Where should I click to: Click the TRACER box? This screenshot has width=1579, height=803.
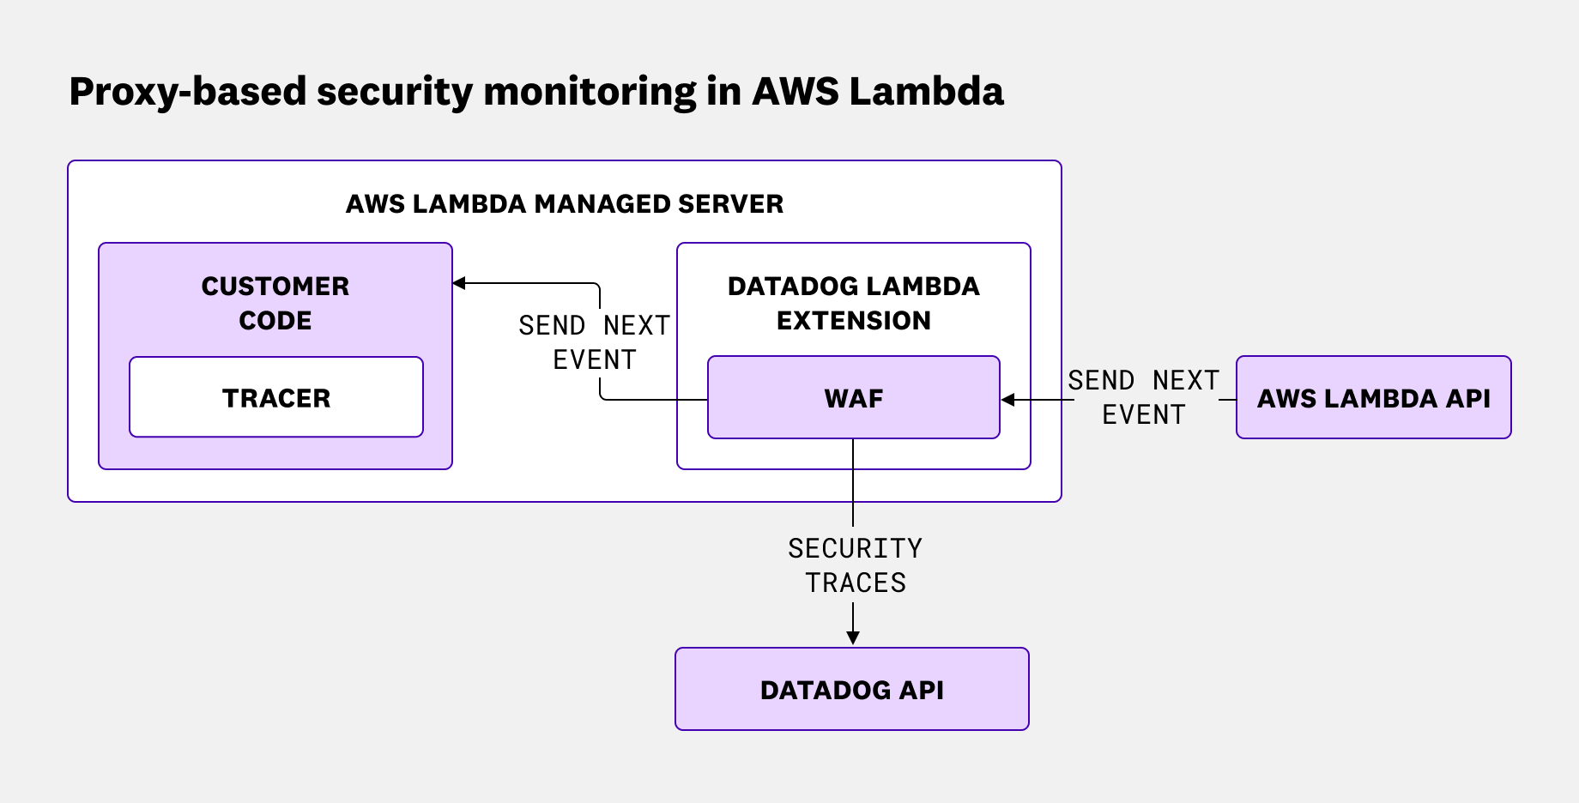pos(275,398)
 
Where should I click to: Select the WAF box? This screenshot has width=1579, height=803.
pos(853,398)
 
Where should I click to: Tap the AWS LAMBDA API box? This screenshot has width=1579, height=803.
pos(1373,398)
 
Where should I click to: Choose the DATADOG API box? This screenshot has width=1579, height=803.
pos(851,690)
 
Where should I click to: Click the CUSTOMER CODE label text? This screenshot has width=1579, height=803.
pos(275,303)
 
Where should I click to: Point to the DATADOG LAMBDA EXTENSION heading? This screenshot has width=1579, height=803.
pos(853,303)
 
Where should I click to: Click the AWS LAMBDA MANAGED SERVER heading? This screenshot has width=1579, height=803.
pos(564,204)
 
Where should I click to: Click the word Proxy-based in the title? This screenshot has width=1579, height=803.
pos(187,93)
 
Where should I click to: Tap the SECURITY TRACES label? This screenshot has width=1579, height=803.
pos(855,565)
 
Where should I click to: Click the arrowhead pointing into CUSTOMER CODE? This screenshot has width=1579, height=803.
pos(459,283)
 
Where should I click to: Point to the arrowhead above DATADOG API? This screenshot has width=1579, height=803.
pos(852,637)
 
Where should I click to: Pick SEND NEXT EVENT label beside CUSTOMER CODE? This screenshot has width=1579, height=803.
pos(594,342)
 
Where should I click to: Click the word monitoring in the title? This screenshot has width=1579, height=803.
pos(590,93)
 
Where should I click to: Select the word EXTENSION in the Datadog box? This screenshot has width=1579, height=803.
pos(853,321)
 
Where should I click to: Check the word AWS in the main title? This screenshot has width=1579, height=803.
pos(795,91)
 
